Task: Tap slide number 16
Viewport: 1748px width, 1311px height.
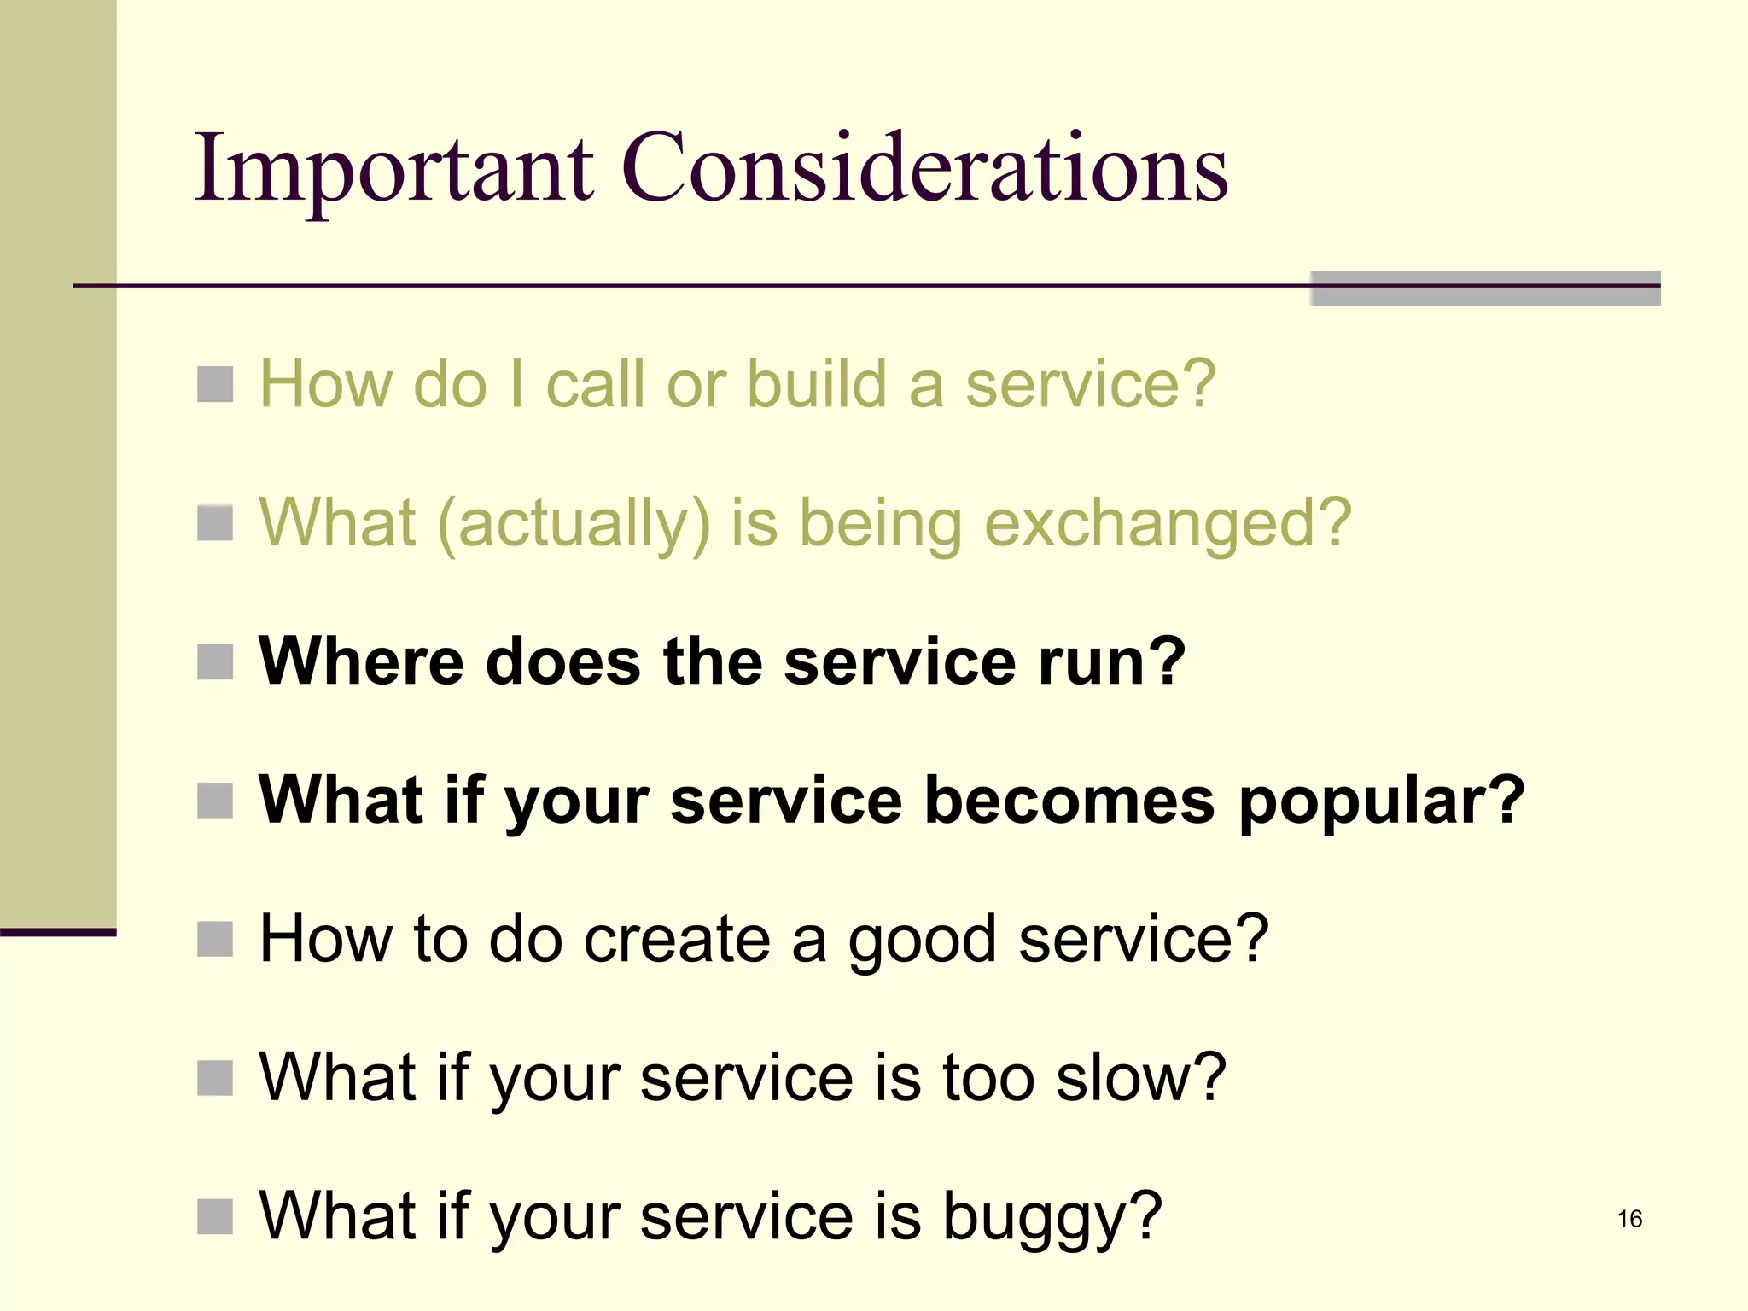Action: point(1629,1218)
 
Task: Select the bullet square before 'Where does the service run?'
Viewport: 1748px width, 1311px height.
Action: point(215,662)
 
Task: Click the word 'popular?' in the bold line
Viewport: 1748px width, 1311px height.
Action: point(1381,802)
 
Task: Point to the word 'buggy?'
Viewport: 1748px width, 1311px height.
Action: point(1052,1217)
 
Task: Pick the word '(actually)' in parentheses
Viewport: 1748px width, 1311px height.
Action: point(574,523)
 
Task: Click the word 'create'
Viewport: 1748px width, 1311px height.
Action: point(677,939)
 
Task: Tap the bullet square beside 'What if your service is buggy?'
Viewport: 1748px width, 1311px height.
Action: point(215,1217)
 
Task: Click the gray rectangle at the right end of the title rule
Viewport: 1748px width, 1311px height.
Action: point(1485,288)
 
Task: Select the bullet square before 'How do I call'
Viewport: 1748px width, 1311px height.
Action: point(215,384)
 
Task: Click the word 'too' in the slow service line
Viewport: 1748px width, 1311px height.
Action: point(988,1077)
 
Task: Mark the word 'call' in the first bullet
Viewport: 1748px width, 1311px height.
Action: point(595,384)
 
